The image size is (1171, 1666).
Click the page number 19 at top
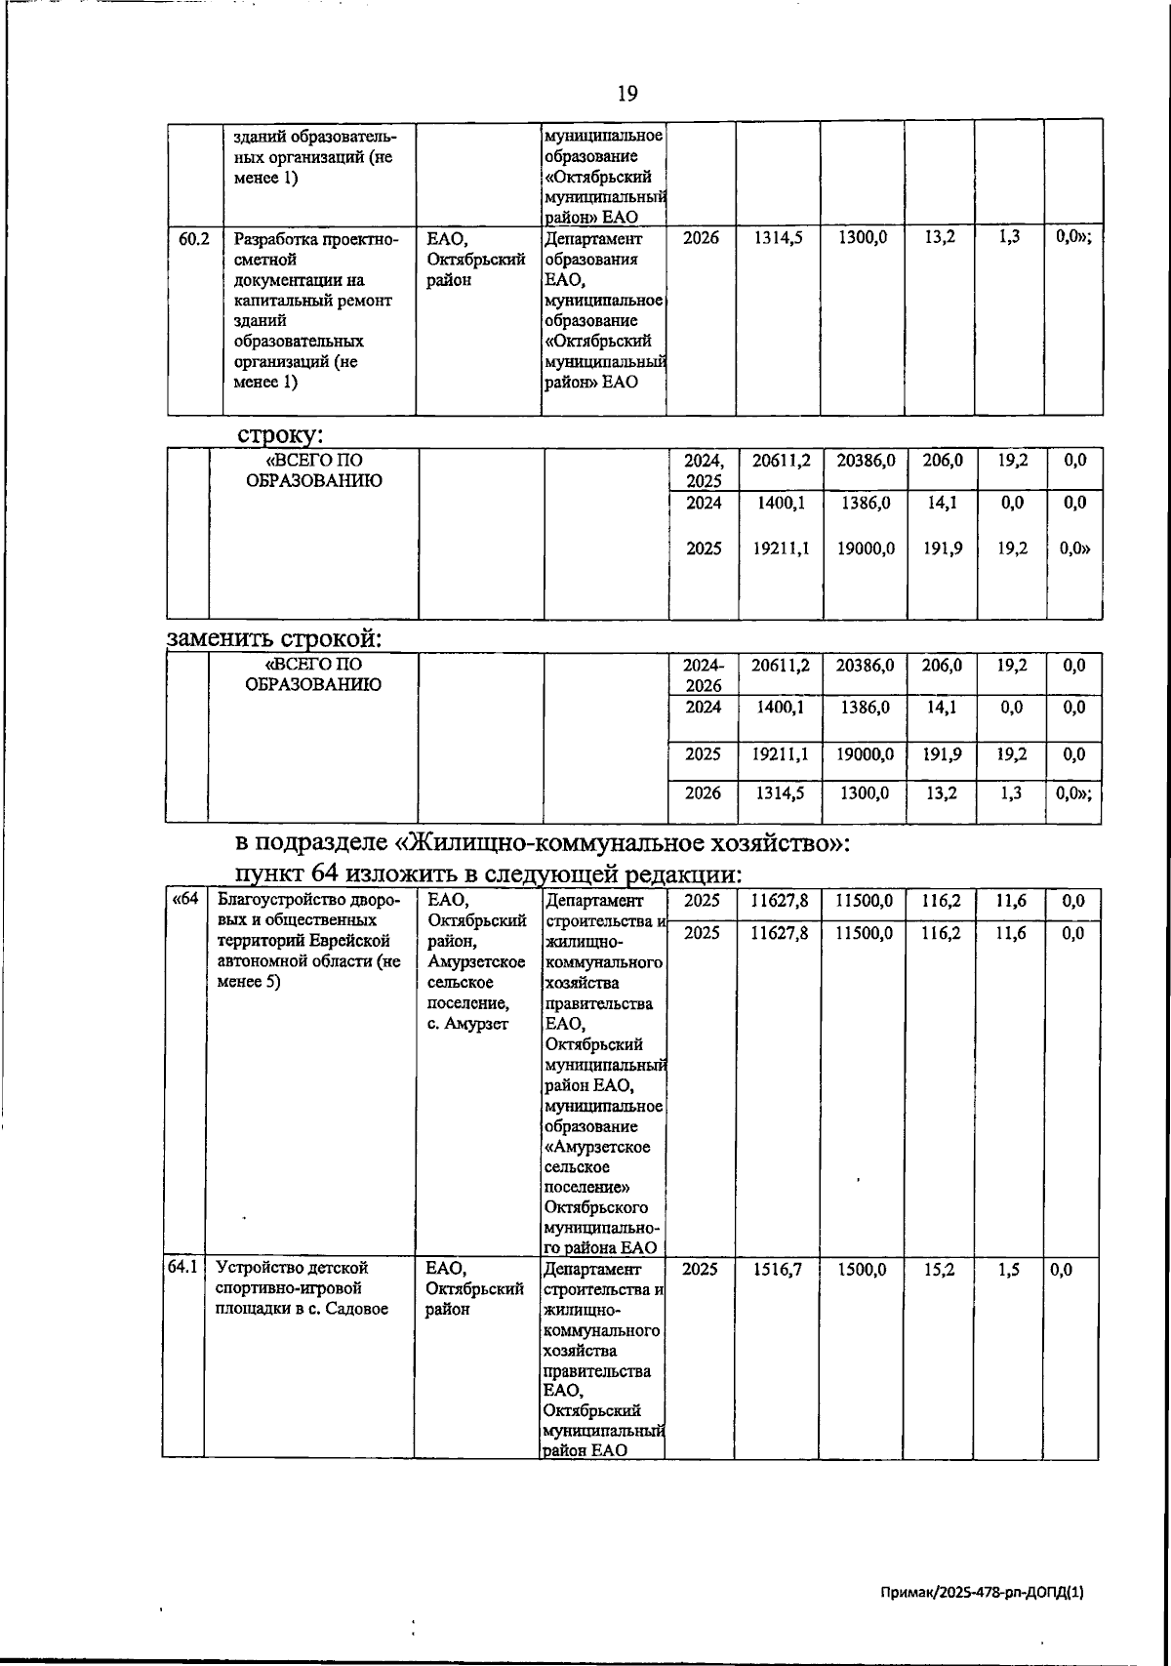pos(627,94)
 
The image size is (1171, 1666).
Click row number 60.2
pos(194,238)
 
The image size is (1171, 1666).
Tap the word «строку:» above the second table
pos(280,434)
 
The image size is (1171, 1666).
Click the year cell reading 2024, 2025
pos(704,470)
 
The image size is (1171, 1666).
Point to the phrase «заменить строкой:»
pos(274,639)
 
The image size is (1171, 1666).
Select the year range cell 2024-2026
pos(703,674)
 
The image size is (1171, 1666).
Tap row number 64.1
pos(182,1268)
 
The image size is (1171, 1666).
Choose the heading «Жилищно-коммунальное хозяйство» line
pos(543,841)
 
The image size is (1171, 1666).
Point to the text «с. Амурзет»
pos(467,1024)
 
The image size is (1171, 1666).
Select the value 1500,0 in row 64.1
pos(862,1269)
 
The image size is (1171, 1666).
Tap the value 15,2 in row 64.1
pos(938,1269)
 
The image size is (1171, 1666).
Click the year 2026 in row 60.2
pos(701,238)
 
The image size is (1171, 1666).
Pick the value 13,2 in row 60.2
pos(939,238)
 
